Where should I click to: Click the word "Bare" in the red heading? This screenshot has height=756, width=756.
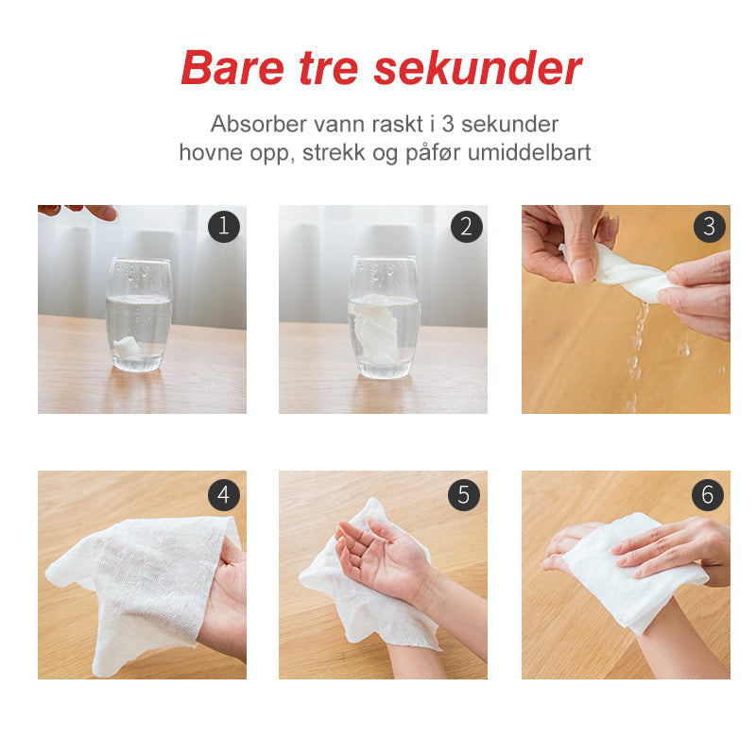tap(232, 67)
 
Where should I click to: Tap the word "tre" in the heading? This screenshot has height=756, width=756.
tap(328, 68)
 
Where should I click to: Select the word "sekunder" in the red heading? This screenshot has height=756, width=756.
tap(478, 68)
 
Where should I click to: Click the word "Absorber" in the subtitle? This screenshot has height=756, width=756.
tap(258, 124)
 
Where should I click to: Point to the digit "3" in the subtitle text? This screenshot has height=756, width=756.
tap(448, 124)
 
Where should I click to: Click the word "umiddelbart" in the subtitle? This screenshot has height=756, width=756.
tap(529, 152)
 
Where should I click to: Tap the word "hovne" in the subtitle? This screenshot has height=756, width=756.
tap(211, 152)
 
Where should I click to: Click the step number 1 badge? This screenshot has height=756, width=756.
tap(224, 226)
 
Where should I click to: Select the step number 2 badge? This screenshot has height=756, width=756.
tap(466, 226)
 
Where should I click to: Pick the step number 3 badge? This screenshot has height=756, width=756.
tap(710, 226)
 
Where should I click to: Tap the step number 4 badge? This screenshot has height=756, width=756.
tap(224, 494)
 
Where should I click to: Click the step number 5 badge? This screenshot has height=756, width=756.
tap(463, 494)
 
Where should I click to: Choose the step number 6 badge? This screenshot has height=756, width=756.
tap(707, 494)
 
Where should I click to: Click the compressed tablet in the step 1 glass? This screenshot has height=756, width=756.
tap(127, 345)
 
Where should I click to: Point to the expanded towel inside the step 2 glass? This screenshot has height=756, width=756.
tap(375, 328)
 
